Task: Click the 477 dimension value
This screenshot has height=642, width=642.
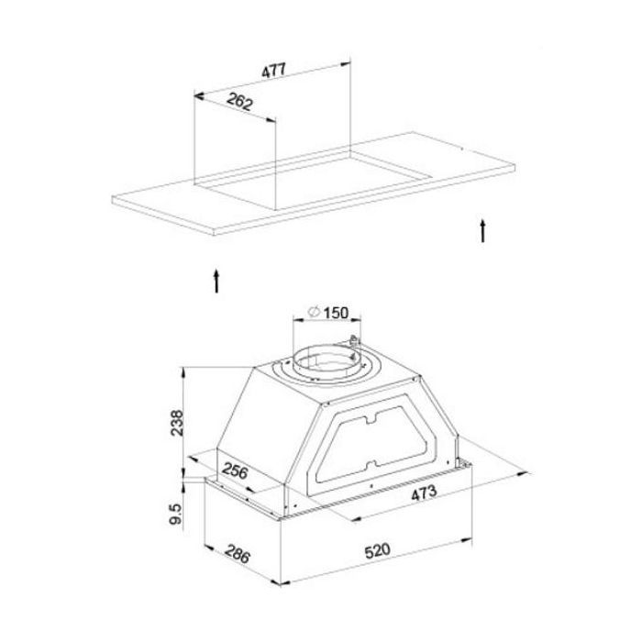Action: (x=273, y=70)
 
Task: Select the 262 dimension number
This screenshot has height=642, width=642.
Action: (x=239, y=102)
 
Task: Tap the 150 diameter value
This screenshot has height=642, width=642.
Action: (x=336, y=313)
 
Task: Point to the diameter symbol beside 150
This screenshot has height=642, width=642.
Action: (x=314, y=312)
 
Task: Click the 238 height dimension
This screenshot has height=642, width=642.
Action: (x=177, y=423)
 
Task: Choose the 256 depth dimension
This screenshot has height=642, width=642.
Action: (x=235, y=470)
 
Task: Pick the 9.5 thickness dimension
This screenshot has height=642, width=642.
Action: (x=175, y=515)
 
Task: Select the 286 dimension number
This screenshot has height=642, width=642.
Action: (x=237, y=554)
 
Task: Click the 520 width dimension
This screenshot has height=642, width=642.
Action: (x=378, y=551)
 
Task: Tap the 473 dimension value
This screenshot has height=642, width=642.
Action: (x=424, y=493)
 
